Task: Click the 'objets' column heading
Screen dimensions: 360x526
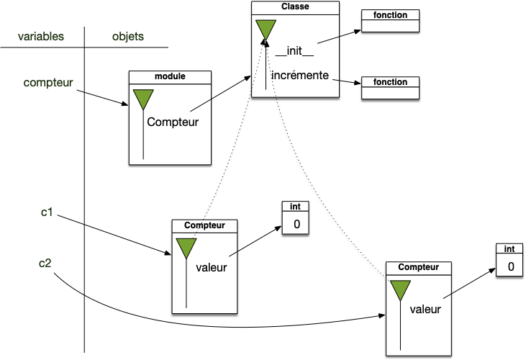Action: pyautogui.click(x=129, y=36)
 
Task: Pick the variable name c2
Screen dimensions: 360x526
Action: pyautogui.click(x=45, y=263)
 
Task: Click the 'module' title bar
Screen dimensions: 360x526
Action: pyautogui.click(x=170, y=76)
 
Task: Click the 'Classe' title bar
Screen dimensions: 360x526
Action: pyautogui.click(x=295, y=6)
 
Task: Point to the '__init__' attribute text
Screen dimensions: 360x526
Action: pyautogui.click(x=295, y=52)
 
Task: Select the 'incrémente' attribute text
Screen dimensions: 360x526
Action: pyautogui.click(x=300, y=75)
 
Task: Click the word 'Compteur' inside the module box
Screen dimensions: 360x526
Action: pyautogui.click(x=173, y=122)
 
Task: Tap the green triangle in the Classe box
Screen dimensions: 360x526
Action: pyautogui.click(x=265, y=30)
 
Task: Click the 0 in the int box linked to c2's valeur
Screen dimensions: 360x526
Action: pyautogui.click(x=510, y=266)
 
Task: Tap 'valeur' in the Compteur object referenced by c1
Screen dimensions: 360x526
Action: pyautogui.click(x=212, y=268)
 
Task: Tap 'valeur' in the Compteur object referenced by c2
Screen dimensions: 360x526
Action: pyautogui.click(x=425, y=310)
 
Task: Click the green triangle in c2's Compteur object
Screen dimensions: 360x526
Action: pyautogui.click(x=400, y=290)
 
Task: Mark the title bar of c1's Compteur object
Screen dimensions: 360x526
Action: pyautogui.click(x=204, y=225)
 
